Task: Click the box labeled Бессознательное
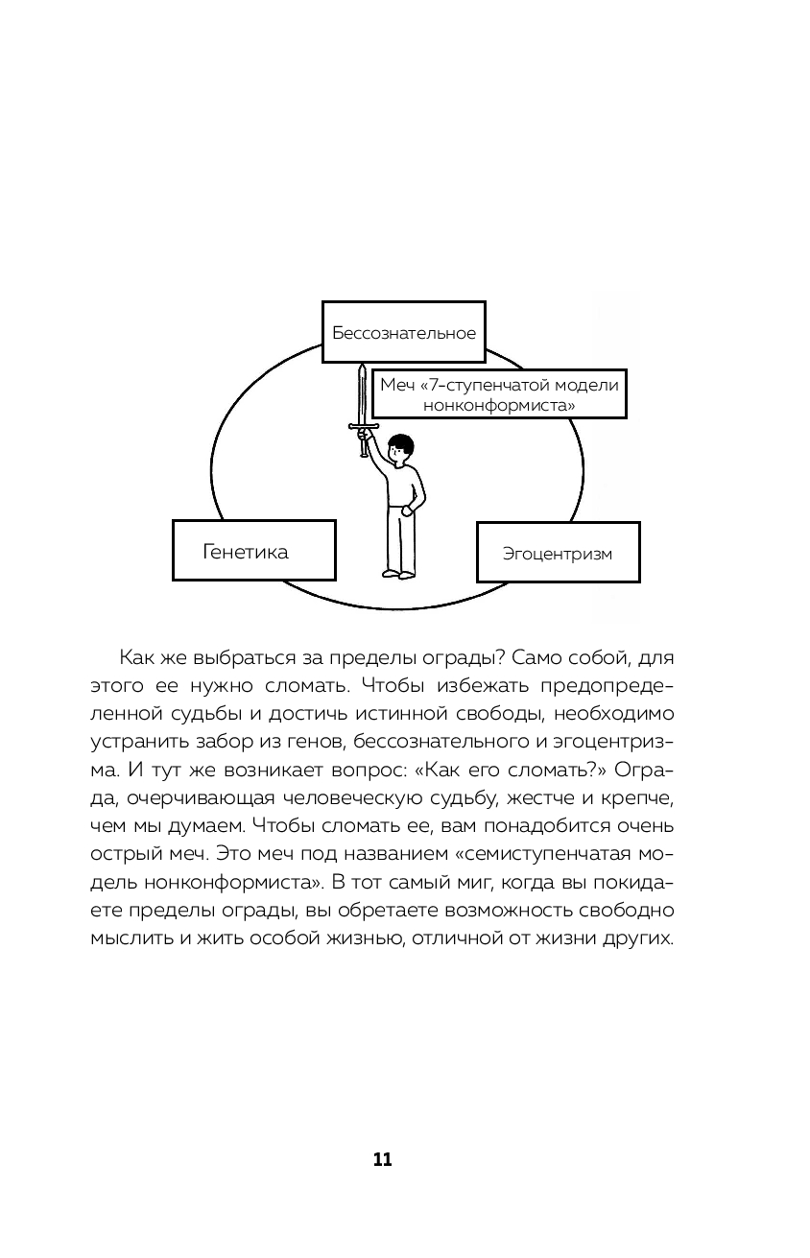[403, 332]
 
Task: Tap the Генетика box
[253, 551]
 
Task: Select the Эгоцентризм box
[558, 553]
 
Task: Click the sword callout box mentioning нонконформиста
[498, 394]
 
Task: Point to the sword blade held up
[362, 392]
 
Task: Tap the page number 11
[383, 1159]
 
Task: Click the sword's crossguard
[363, 426]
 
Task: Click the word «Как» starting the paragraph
[140, 658]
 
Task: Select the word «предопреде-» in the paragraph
[608, 686]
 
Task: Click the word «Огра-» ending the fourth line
[650, 771]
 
